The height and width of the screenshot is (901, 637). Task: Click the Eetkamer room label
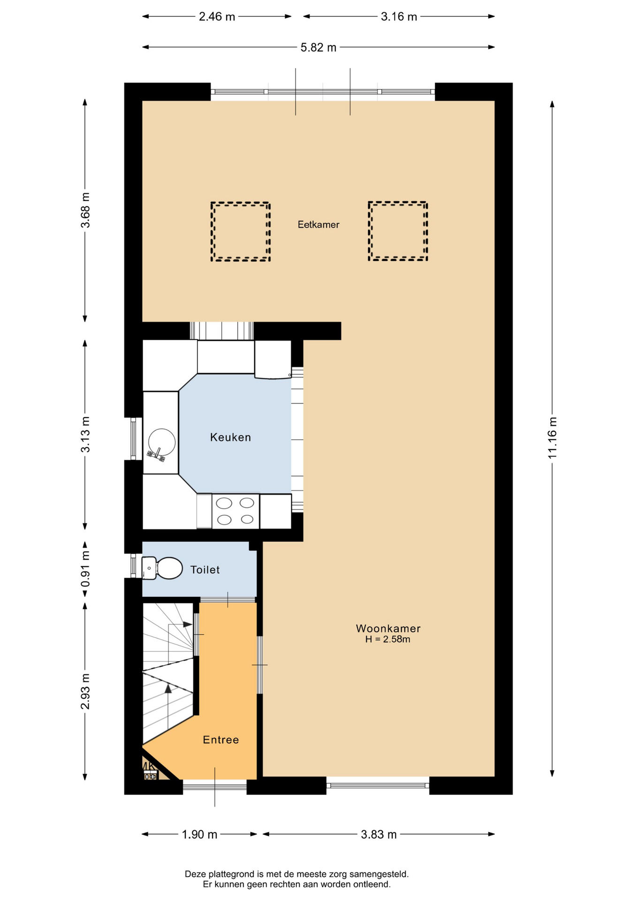point(318,225)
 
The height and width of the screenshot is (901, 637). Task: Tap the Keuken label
point(230,437)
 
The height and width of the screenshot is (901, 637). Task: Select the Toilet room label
point(205,570)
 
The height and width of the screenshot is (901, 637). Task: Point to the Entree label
point(221,740)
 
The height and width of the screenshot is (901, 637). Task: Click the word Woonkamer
point(388,628)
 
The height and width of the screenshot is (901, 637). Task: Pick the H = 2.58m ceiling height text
point(388,639)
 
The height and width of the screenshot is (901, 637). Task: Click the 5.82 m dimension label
point(318,47)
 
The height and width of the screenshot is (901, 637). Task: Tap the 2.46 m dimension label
point(217,17)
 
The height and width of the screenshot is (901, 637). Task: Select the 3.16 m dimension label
point(399,17)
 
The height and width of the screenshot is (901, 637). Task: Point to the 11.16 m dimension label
point(552,438)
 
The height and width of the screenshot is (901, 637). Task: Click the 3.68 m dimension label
point(85,210)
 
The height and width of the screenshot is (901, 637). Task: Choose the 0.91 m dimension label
point(85,569)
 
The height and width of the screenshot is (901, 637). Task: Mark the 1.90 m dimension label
point(199,834)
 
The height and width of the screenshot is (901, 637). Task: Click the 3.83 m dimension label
point(379,834)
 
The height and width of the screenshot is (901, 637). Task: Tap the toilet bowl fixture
point(162,568)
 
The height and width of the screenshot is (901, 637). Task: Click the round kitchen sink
point(162,442)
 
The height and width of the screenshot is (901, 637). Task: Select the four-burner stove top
point(235,511)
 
